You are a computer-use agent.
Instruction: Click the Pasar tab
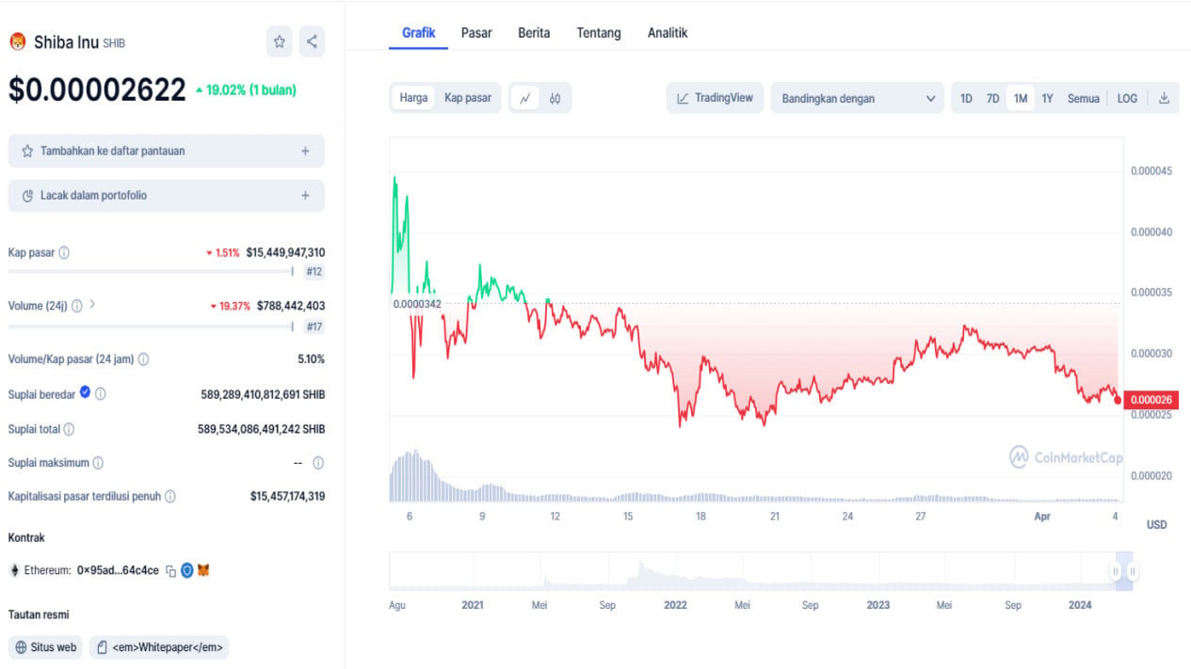point(475,33)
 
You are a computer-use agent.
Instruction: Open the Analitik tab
point(668,33)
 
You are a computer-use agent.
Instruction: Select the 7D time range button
point(992,98)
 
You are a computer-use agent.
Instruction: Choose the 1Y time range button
point(1047,98)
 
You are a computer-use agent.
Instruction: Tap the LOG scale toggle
point(1127,98)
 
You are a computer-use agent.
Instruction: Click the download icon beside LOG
point(1164,98)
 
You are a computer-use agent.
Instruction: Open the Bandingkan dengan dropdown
point(857,98)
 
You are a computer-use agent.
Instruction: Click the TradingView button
point(715,98)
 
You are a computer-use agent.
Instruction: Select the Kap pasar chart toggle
point(468,98)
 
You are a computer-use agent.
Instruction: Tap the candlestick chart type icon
point(555,98)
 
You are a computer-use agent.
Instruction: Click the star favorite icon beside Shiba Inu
point(279,41)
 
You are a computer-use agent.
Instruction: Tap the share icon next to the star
point(312,41)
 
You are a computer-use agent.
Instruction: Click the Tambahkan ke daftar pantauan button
point(167,151)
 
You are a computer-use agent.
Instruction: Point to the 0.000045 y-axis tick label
point(1151,171)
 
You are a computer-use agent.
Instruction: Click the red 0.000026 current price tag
point(1151,400)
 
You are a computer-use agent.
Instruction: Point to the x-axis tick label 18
point(700,516)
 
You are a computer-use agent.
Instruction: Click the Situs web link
point(46,647)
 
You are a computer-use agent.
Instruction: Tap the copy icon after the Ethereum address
point(170,571)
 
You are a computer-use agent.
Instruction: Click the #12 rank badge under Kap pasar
point(314,272)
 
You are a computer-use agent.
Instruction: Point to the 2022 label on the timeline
point(675,605)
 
